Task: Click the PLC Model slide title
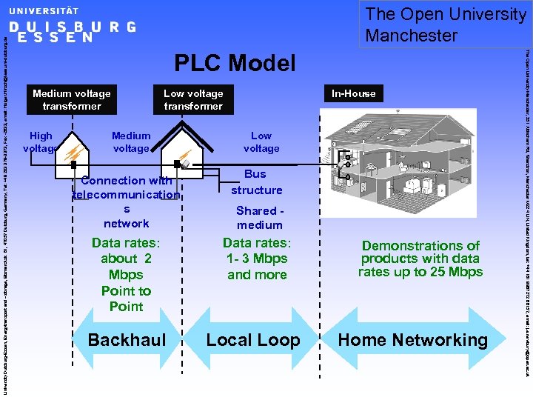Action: (x=235, y=64)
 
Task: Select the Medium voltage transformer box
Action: (x=72, y=100)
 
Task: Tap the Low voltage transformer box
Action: (x=193, y=100)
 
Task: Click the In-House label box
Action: (x=353, y=93)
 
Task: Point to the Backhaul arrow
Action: (x=127, y=341)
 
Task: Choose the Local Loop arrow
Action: (x=253, y=341)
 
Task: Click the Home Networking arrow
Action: (x=413, y=341)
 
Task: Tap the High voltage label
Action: (x=41, y=142)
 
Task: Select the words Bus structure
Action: (x=256, y=182)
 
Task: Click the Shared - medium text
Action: (x=259, y=218)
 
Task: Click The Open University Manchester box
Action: (x=446, y=24)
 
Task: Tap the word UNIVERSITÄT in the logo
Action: (x=44, y=11)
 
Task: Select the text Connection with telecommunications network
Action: (x=127, y=201)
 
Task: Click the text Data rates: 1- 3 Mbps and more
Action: (x=256, y=259)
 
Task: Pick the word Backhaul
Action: (x=127, y=341)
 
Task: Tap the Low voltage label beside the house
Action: (x=261, y=142)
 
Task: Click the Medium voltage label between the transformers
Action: (x=131, y=142)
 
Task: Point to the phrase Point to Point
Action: (x=126, y=299)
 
